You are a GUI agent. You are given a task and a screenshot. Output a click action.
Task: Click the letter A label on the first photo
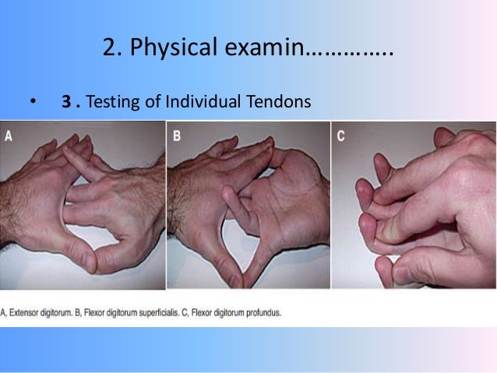click(x=9, y=135)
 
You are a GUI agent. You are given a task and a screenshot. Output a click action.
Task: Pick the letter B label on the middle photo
click(x=177, y=135)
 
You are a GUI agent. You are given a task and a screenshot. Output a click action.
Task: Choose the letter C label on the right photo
click(x=341, y=135)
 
